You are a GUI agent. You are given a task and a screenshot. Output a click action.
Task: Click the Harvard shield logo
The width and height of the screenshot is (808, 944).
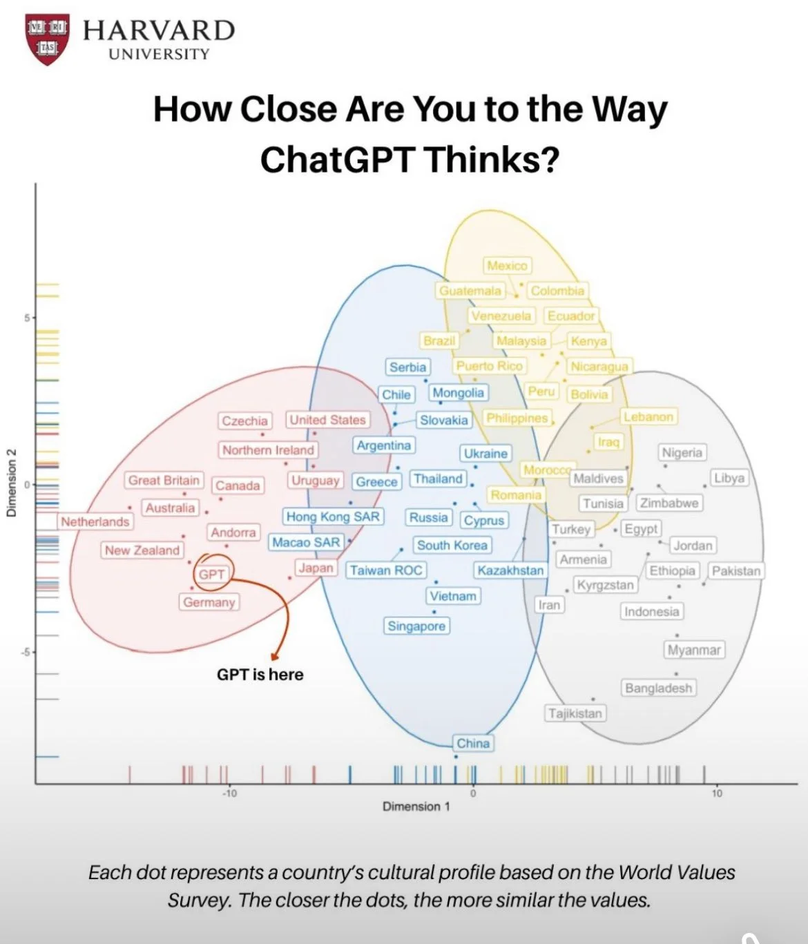47,39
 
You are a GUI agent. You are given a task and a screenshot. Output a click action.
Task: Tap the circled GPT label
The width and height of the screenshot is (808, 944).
212,574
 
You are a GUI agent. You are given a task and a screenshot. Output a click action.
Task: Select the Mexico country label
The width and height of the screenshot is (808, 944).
507,266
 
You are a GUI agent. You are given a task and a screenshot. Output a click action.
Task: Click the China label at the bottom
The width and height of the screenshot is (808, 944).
473,743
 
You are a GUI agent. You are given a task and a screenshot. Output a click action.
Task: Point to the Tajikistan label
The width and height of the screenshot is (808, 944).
575,713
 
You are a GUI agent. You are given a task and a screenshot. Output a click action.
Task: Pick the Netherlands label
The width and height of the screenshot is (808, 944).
95,521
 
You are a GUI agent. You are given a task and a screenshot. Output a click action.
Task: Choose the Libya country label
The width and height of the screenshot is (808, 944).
729,478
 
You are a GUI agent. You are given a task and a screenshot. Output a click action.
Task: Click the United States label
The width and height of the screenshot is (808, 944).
327,420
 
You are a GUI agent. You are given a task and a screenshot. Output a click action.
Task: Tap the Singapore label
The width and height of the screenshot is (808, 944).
416,626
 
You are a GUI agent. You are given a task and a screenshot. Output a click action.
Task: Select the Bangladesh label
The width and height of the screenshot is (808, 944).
658,688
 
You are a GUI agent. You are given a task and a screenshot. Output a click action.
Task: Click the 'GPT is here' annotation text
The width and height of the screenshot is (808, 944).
260,675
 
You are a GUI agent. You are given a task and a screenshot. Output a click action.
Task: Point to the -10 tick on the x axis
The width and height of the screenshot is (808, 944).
229,793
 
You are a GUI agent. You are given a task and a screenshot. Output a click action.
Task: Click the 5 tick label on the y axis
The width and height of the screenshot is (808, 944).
27,318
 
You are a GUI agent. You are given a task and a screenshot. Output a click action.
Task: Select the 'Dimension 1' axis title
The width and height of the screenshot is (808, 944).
416,807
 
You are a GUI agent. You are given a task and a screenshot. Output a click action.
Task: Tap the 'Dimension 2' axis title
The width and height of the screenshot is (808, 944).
12,483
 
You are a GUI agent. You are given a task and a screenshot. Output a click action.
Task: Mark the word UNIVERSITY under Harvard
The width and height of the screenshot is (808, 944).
159,54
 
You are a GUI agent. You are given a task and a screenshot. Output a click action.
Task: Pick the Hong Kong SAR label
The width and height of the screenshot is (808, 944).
333,517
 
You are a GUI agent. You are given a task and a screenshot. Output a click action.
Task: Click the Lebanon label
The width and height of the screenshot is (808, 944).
648,416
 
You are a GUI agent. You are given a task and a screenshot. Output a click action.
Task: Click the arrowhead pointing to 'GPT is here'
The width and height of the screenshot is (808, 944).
276,655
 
